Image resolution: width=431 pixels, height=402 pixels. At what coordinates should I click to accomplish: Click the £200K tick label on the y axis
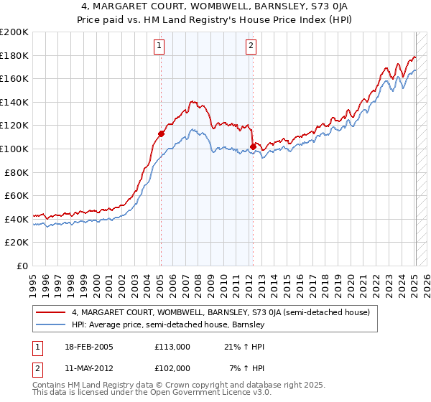coord(14,32)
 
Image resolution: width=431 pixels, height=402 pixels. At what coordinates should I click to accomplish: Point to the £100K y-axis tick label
coord(14,149)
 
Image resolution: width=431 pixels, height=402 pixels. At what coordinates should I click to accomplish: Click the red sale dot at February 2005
coord(161,133)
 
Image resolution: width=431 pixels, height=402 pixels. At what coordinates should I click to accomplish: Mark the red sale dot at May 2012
coord(253,146)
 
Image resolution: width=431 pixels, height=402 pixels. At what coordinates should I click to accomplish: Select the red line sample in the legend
coord(51,312)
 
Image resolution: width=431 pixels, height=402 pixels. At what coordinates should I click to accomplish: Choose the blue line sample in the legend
coord(51,324)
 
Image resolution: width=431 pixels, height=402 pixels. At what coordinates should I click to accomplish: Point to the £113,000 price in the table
coord(172,347)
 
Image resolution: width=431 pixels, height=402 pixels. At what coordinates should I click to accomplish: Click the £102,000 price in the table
coord(172,368)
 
